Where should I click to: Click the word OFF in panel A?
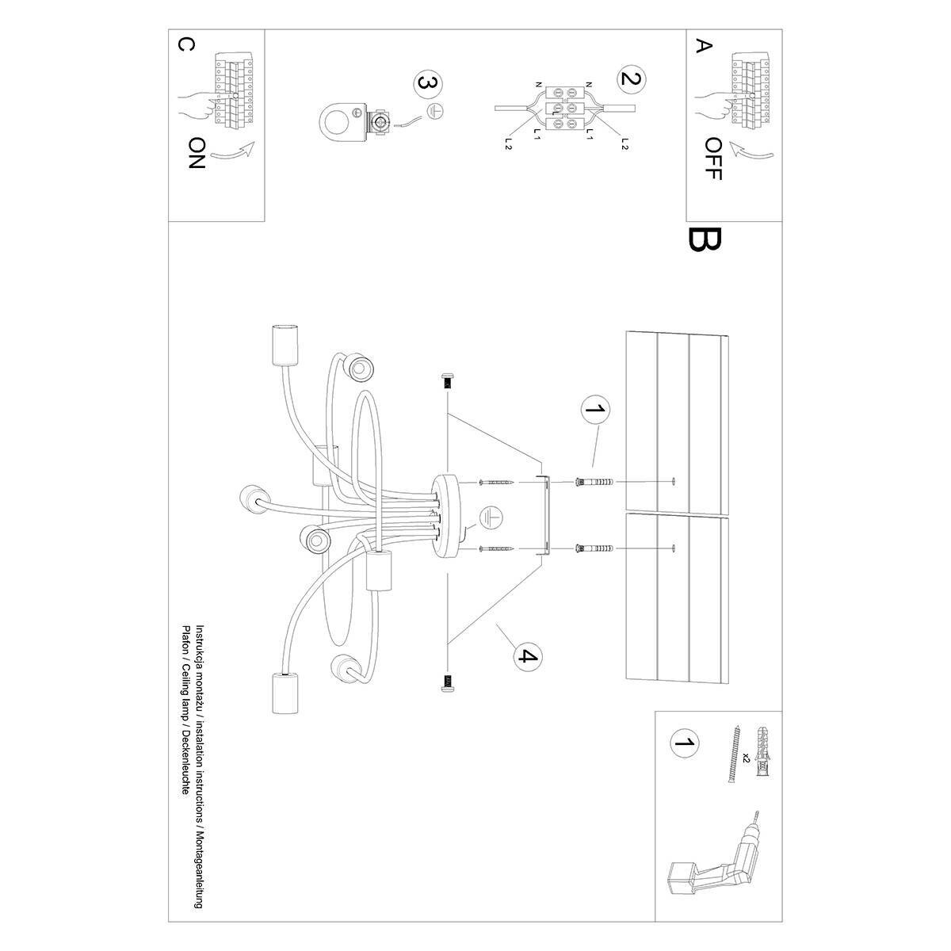point(712,158)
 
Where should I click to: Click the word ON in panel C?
point(197,153)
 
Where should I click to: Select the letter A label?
point(701,45)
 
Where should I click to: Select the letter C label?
point(184,45)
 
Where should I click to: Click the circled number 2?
point(632,78)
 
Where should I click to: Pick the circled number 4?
point(527,655)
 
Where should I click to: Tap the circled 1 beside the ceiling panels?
point(596,410)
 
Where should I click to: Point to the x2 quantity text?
point(746,758)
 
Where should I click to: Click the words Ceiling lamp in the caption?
point(186,724)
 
